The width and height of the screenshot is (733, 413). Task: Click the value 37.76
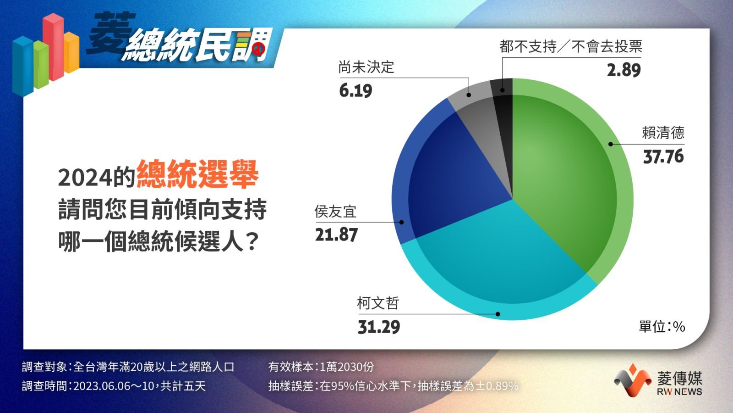click(663, 156)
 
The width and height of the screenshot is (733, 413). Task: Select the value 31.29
click(379, 327)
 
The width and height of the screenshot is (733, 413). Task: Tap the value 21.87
click(336, 235)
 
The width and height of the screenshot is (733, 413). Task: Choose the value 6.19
click(356, 91)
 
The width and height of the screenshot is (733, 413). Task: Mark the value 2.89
click(624, 71)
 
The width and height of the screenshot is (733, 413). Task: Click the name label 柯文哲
click(378, 303)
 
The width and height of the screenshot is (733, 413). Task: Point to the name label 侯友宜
click(335, 212)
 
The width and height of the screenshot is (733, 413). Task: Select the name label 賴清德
click(663, 133)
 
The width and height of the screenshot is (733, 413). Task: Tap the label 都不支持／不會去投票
click(571, 46)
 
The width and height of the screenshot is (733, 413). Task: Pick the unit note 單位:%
click(662, 326)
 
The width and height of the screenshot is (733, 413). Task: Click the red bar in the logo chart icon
click(53, 46)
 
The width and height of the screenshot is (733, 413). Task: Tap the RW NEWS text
click(679, 392)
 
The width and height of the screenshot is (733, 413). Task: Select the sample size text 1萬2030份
click(346, 367)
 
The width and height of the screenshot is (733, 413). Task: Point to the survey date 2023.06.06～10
click(114, 386)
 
